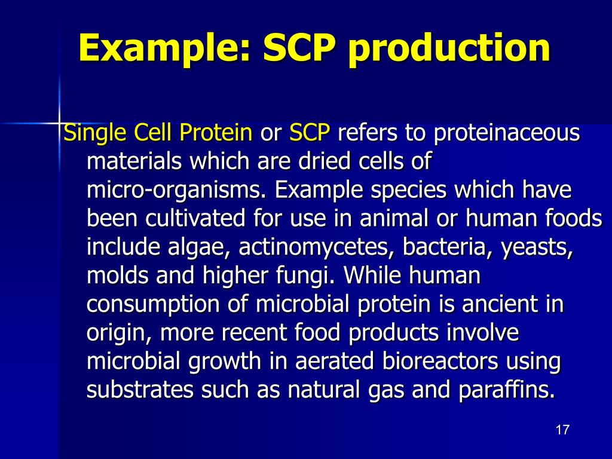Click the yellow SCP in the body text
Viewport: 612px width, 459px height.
(x=310, y=133)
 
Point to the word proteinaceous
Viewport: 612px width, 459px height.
(x=507, y=133)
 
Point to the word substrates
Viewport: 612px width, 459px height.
(x=140, y=390)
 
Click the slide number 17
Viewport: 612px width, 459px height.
(x=562, y=430)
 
